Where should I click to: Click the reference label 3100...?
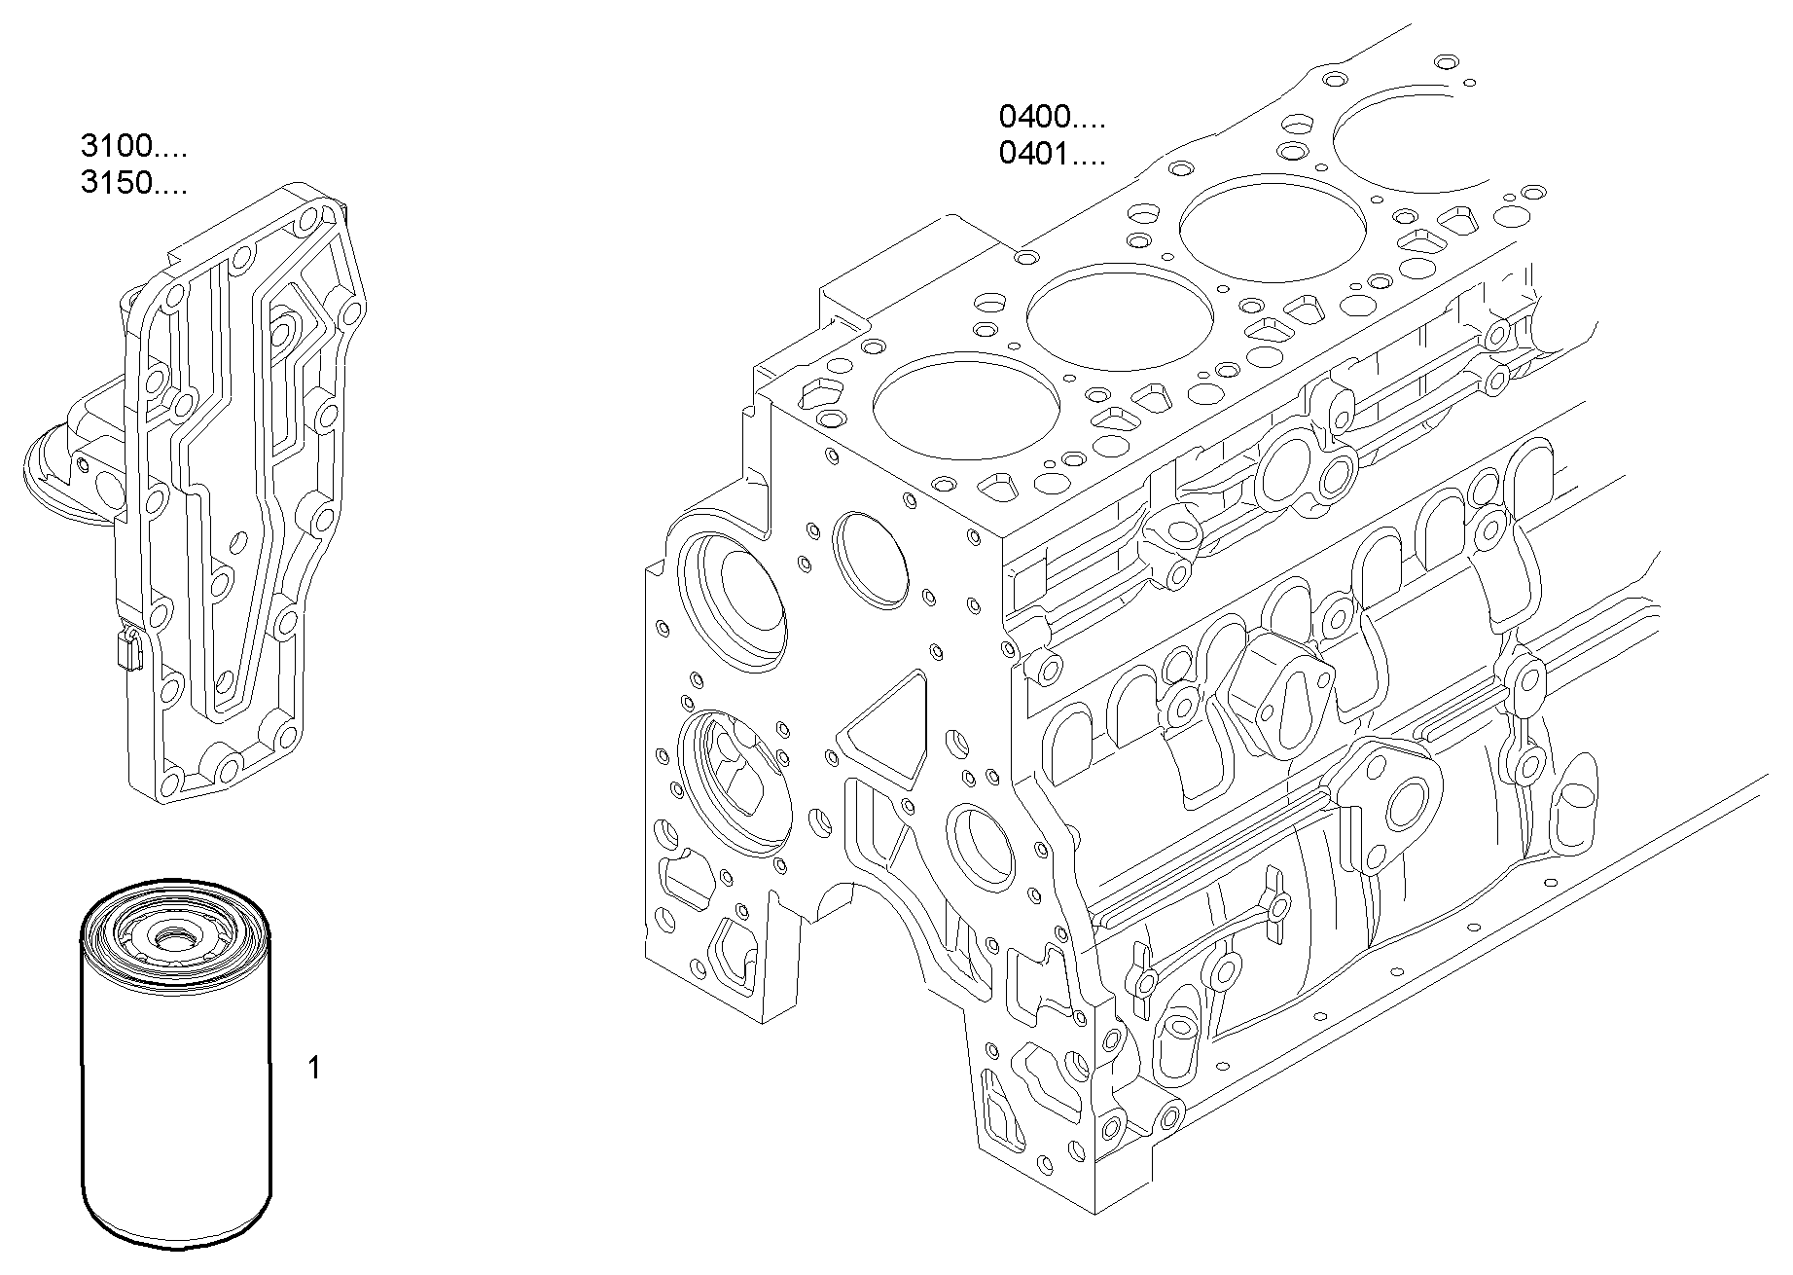click(132, 147)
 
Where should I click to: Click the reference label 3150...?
click(132, 183)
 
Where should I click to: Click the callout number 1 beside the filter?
click(313, 1069)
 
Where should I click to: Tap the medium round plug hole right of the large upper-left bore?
click(872, 561)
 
